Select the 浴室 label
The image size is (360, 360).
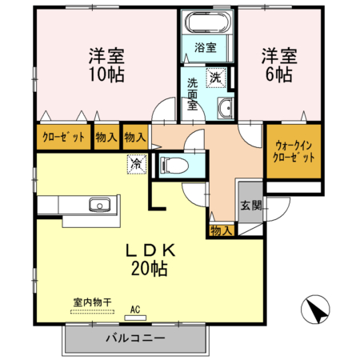coord(206,47)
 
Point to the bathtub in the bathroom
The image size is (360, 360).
coord(206,23)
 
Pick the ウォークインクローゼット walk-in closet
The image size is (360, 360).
coord(294,151)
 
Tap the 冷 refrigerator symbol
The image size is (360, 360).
coord(135,162)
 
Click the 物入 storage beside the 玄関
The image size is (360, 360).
coord(221,230)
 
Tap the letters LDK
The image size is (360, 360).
coord(150,250)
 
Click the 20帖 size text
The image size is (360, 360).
coord(150,269)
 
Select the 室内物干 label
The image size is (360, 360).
coord(91,302)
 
